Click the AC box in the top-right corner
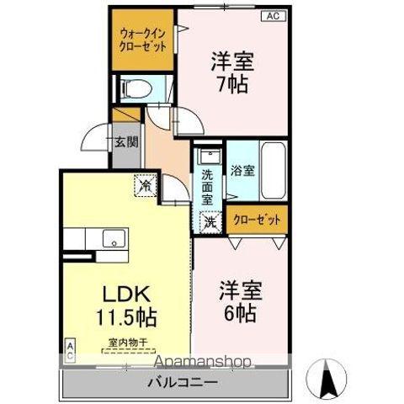click(274, 15)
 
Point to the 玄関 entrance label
click(126, 141)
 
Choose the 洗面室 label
click(206, 188)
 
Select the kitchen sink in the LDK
click(111, 238)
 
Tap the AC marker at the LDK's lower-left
click(70, 349)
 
